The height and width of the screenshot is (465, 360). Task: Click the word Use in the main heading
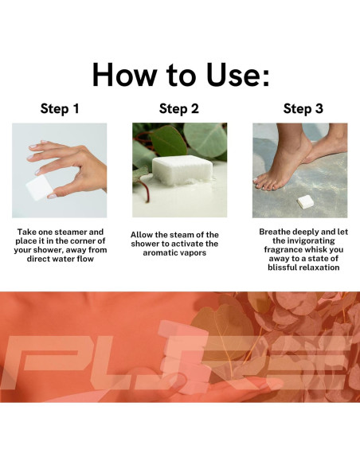[232, 75]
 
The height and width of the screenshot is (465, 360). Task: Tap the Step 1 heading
[60, 108]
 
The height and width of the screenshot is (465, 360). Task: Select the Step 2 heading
[179, 108]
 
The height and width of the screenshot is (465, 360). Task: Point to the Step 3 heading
[303, 108]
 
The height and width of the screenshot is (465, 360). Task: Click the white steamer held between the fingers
[38, 187]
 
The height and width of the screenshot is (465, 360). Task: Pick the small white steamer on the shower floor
[305, 202]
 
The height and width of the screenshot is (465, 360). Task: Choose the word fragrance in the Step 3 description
[283, 250]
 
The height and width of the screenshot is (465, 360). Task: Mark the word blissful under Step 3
[282, 268]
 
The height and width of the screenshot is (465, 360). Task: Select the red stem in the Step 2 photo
[145, 191]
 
